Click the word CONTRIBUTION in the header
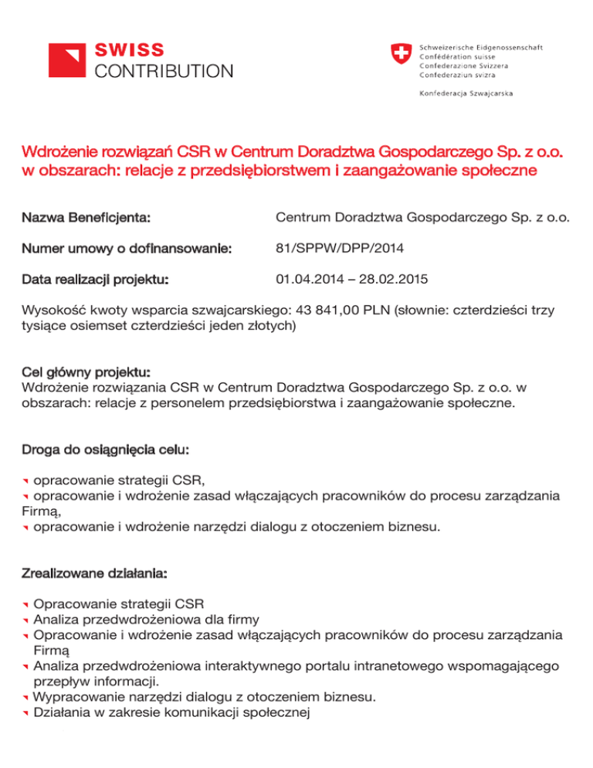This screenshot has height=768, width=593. pos(163,72)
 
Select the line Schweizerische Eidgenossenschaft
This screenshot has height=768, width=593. pos(480,46)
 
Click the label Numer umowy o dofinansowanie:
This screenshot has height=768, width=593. pos(127,249)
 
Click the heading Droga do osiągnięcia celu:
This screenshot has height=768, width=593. pos(106,448)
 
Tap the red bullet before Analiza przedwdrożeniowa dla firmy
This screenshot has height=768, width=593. pos(25,620)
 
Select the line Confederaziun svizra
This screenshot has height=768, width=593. pos(458,75)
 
